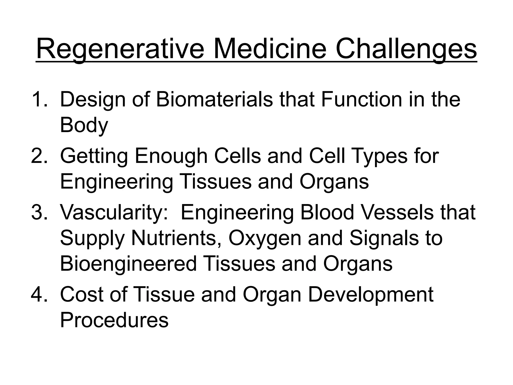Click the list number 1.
pyautogui.click(x=39, y=100)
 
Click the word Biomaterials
pyautogui.click(x=214, y=100)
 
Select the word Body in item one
pyautogui.click(x=84, y=125)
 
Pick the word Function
pyautogui.click(x=361, y=100)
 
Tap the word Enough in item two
pyautogui.click(x=171, y=156)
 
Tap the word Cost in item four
pyautogui.click(x=81, y=294)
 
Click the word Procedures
pyautogui.click(x=114, y=320)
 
